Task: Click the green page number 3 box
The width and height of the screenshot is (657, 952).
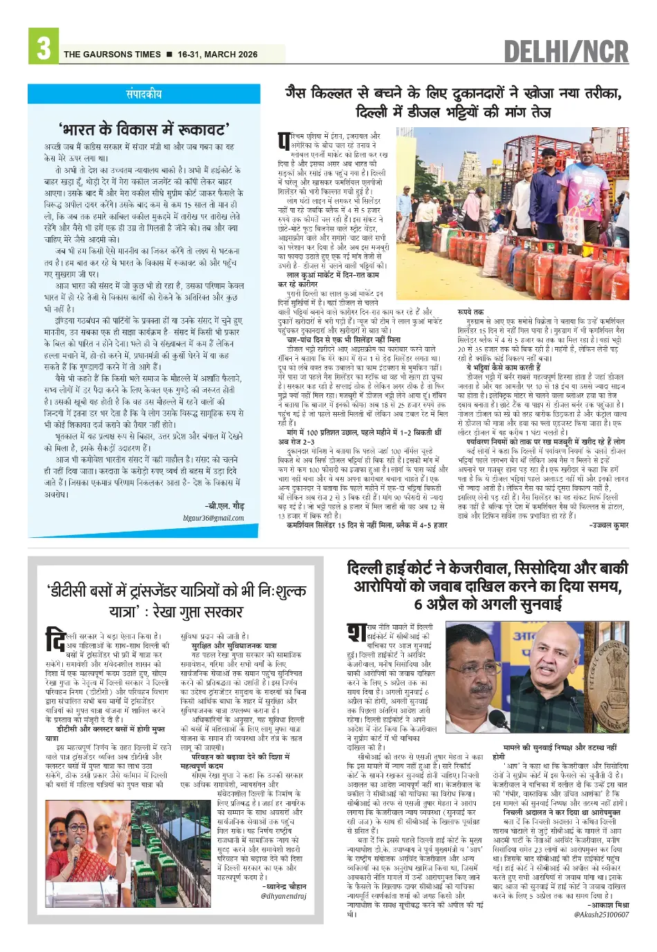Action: pyautogui.click(x=44, y=48)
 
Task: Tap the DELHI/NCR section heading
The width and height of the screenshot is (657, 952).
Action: pyautogui.click(x=566, y=52)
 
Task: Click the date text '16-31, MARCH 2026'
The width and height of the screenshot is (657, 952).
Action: pyautogui.click(x=217, y=55)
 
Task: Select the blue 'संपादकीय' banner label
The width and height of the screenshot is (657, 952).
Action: pyautogui.click(x=144, y=94)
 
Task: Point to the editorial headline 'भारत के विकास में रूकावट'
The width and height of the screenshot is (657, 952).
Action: pyautogui.click(x=144, y=129)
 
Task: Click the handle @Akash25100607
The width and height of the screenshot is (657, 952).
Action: pyautogui.click(x=601, y=915)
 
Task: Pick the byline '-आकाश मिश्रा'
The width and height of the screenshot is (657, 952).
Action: pyautogui.click(x=608, y=905)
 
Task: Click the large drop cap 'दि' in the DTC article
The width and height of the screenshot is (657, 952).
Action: pyautogui.click(x=55, y=639)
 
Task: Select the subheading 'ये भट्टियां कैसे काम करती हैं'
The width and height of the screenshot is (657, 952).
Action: pyautogui.click(x=503, y=368)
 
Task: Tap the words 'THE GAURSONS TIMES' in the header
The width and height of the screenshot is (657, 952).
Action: pyautogui.click(x=112, y=55)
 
